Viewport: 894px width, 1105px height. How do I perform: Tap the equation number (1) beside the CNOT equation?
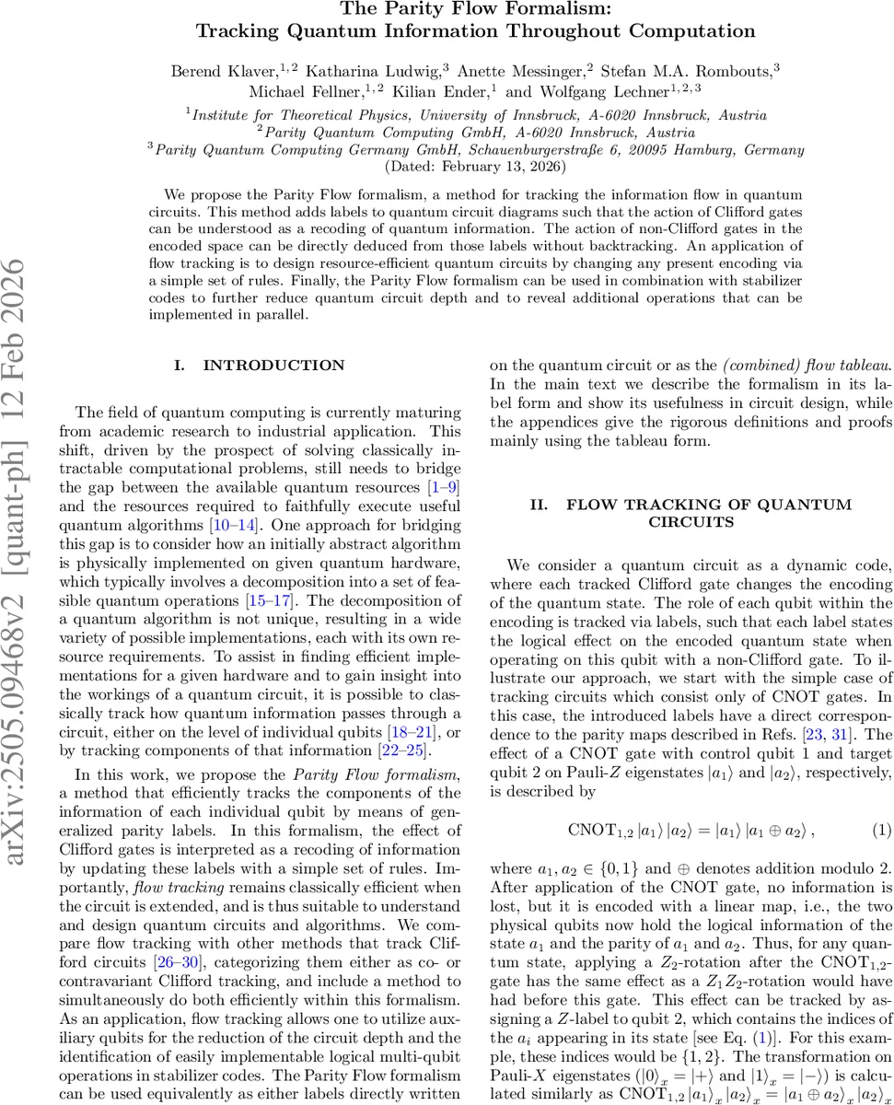coord(882,830)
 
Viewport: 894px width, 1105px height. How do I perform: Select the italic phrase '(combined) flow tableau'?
coord(795,366)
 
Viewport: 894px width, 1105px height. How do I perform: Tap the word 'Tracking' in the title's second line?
coord(239,31)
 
